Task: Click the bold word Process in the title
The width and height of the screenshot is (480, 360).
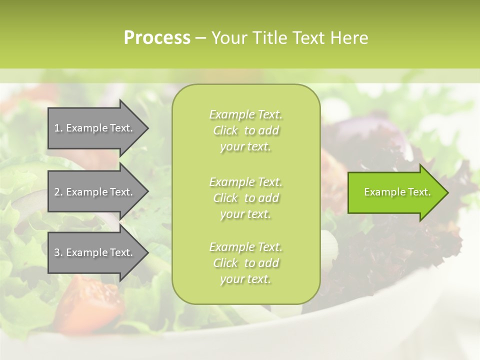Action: click(x=157, y=38)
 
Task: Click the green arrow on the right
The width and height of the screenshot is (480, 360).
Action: click(x=395, y=192)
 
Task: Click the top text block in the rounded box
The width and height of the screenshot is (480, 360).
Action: click(x=245, y=130)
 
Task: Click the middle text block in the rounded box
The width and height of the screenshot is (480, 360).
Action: click(x=245, y=198)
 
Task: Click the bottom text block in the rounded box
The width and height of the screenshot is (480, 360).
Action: click(x=245, y=263)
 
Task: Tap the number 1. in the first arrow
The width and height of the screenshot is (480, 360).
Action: click(x=58, y=128)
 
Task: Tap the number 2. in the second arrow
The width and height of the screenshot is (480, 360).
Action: click(x=58, y=192)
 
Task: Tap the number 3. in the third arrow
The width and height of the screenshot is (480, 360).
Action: click(x=58, y=252)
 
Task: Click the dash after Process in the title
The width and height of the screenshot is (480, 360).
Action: click(x=200, y=38)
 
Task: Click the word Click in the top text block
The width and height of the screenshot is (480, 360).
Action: click(x=225, y=131)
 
